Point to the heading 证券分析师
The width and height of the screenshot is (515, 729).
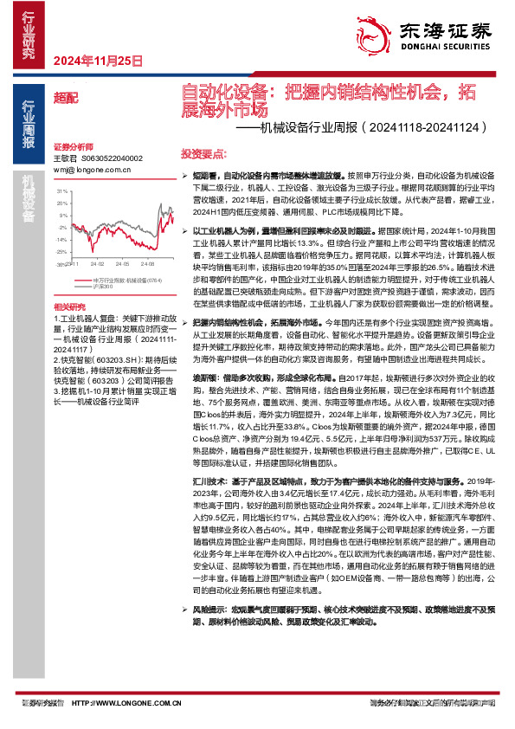pos(72,146)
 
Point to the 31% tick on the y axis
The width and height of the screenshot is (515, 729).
pos(61,190)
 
